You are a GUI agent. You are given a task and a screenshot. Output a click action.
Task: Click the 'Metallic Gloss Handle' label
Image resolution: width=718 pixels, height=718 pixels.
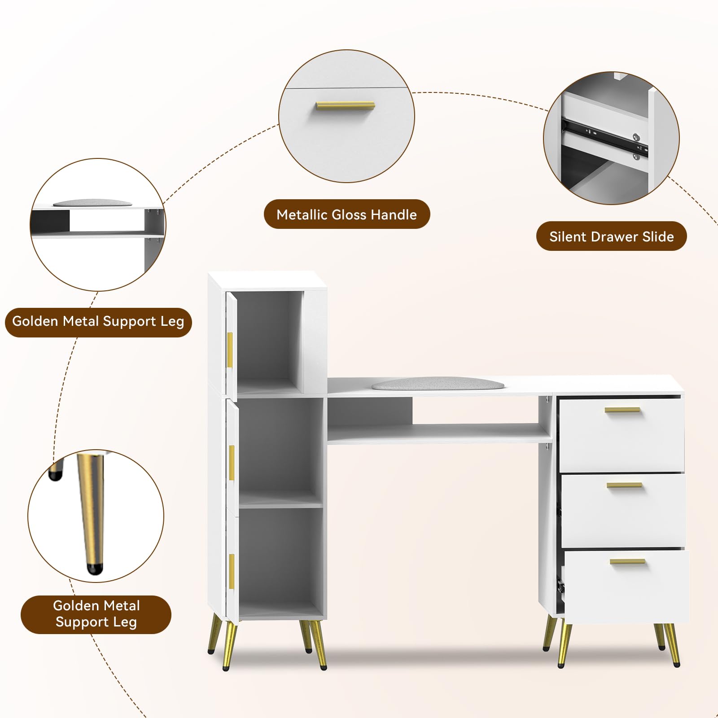tap(346, 215)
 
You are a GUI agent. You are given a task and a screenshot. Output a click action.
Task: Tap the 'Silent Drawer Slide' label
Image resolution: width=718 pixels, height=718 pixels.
tap(611, 236)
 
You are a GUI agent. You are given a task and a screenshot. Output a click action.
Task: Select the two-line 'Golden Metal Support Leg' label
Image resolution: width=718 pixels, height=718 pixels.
tap(96, 614)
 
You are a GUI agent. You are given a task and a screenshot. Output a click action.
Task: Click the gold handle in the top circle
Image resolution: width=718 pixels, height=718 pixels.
tap(345, 106)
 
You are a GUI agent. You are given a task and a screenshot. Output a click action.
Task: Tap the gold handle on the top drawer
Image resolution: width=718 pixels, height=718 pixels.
tap(622, 410)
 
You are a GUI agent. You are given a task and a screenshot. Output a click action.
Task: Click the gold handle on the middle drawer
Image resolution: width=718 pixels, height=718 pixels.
tap(624, 485)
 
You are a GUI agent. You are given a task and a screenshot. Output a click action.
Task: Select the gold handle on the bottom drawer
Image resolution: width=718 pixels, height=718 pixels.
tap(627, 561)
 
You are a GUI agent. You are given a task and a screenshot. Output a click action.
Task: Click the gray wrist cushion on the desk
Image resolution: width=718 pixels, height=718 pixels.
tap(438, 384)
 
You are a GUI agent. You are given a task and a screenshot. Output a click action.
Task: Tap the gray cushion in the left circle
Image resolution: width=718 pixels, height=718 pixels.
tap(92, 203)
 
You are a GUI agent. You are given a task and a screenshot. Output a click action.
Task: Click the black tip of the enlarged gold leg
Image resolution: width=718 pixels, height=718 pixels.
tap(94, 569)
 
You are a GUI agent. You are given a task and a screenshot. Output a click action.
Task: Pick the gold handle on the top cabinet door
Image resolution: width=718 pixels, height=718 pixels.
tap(230, 350)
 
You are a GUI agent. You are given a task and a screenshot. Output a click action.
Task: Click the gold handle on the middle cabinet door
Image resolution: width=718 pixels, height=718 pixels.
tap(232, 462)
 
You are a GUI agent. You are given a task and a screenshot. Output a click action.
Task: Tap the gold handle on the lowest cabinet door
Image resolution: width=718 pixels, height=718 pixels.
tap(232, 571)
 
